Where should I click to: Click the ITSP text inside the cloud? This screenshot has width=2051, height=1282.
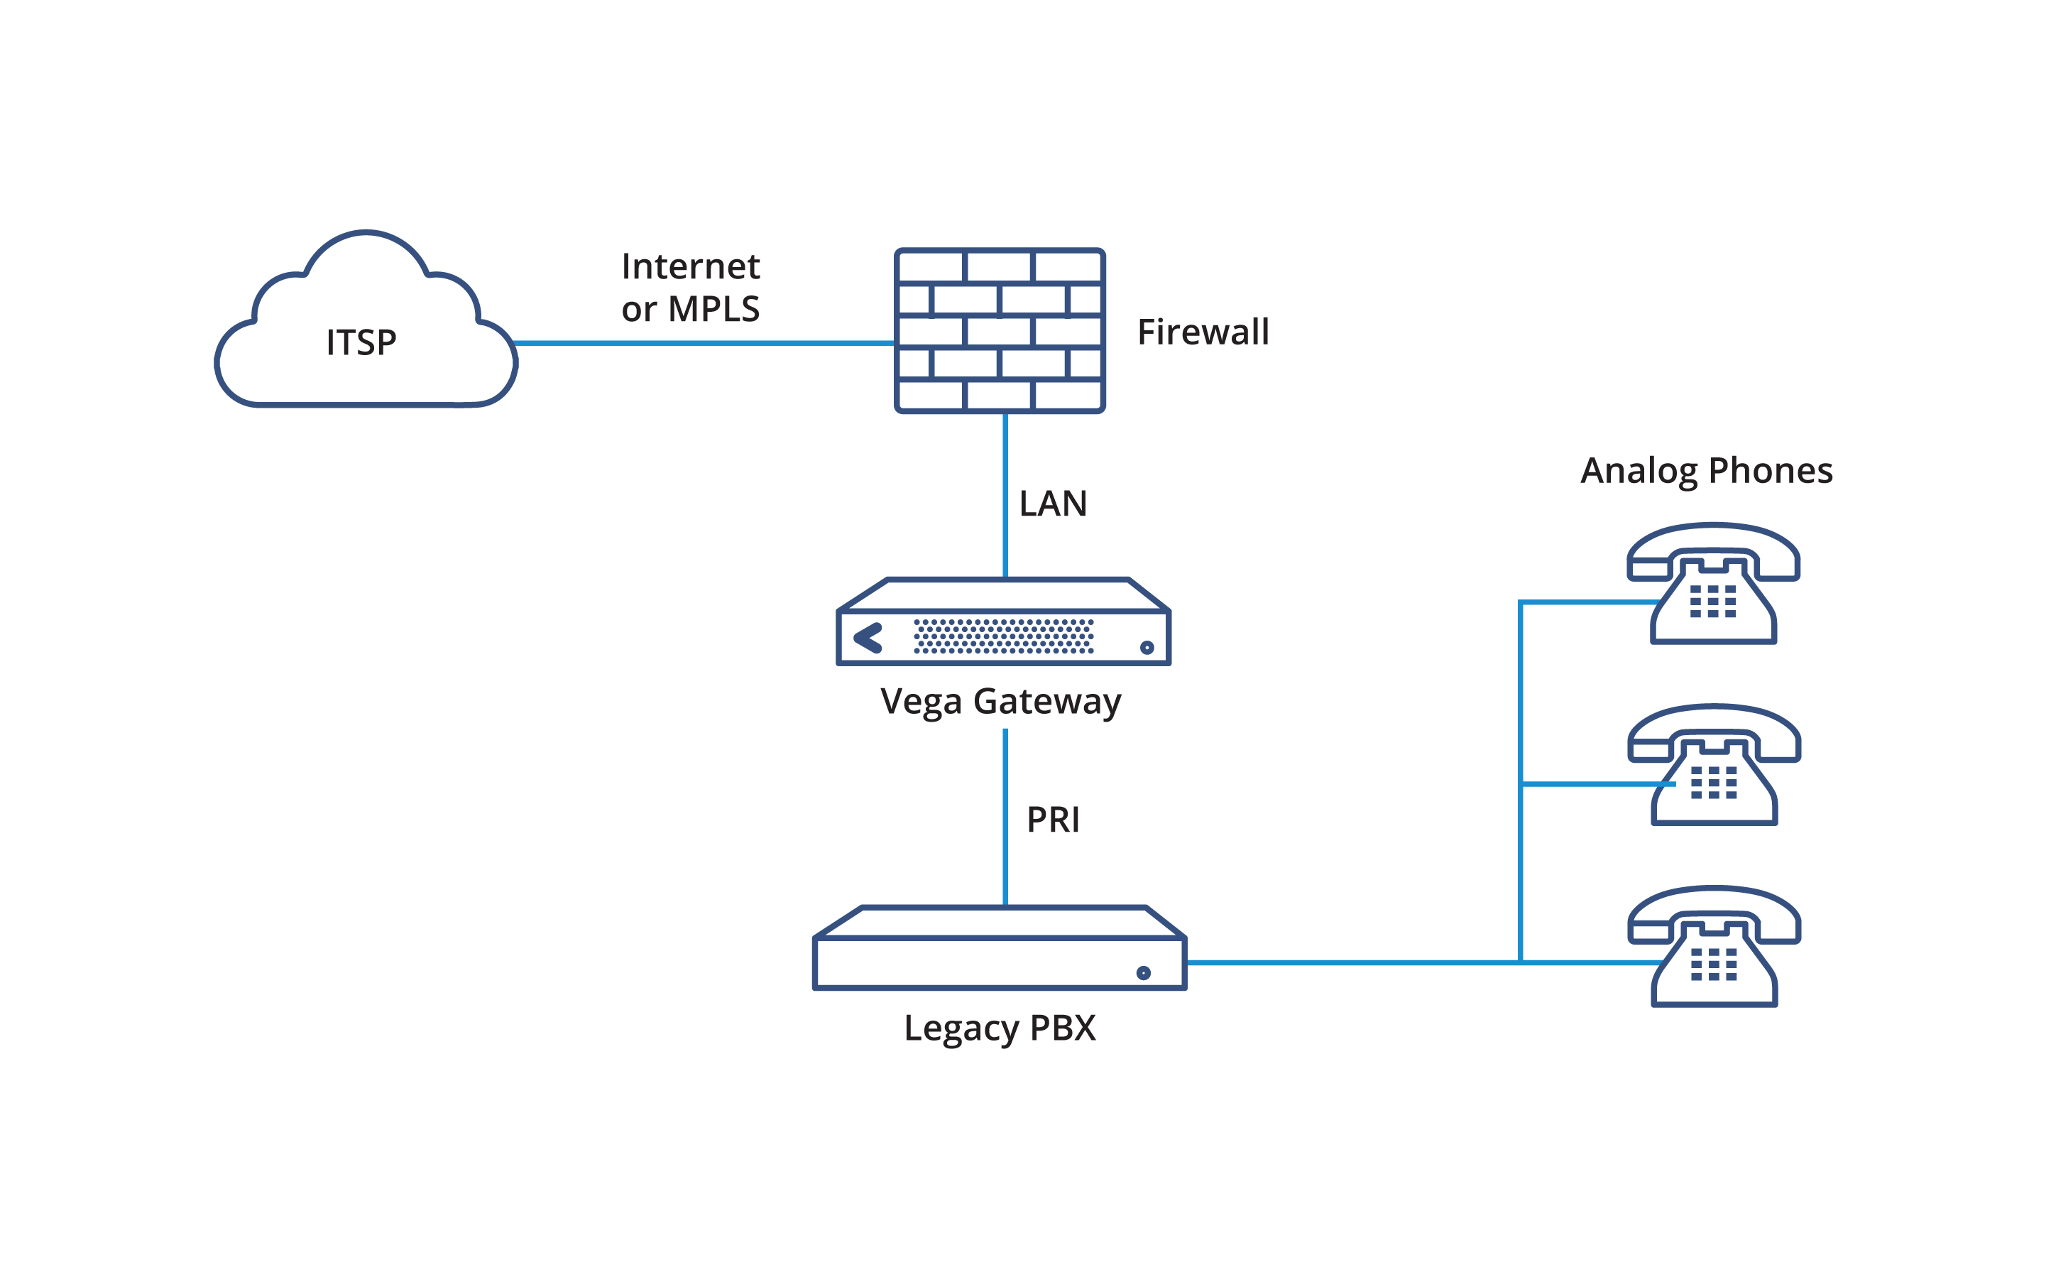pos(361,342)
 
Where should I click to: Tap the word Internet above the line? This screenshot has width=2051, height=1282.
pos(690,267)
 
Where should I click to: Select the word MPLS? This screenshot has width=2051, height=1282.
pos(713,310)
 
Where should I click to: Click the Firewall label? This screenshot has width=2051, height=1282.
pos(1203,332)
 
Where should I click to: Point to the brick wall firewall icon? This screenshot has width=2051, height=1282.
pos(1000,331)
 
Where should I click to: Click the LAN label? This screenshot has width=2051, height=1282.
pos(1053,504)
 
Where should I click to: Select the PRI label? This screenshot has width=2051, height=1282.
pos(1053,820)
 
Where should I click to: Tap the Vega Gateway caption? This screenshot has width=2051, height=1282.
pos(1000,702)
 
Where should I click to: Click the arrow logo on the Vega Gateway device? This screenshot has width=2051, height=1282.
pos(868,639)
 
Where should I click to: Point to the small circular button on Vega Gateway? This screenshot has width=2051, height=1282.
pos(1147,648)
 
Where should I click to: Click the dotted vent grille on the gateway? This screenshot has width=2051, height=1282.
pos(1003,636)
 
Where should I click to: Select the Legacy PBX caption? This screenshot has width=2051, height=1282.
pos(1000,1028)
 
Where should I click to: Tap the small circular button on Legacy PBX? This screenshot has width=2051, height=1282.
pos(1143,972)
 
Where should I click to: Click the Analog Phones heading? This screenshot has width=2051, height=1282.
pos(1706,471)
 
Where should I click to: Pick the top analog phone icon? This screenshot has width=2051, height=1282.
pos(1713,585)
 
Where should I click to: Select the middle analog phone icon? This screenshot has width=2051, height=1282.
pos(1714,765)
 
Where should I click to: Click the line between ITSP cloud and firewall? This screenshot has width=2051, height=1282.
pos(704,342)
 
